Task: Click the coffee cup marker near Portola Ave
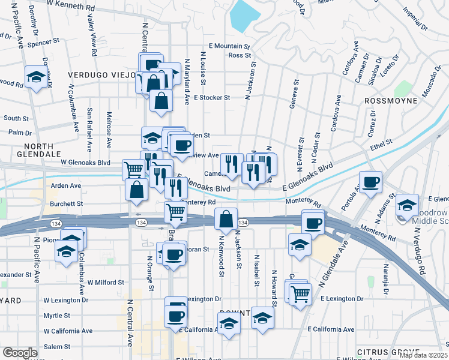pyautogui.click(x=370, y=181)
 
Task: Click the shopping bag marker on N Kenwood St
pyautogui.click(x=226, y=219)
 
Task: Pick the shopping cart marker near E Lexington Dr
pyautogui.click(x=300, y=293)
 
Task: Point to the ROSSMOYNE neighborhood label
pyautogui.click(x=390, y=101)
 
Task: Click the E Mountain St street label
pyautogui.click(x=229, y=46)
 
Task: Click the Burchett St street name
pyautogui.click(x=67, y=204)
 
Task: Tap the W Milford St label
pyautogui.click(x=106, y=282)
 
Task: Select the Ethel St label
pyautogui.click(x=381, y=144)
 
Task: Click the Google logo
pyautogui.click(x=20, y=353)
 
